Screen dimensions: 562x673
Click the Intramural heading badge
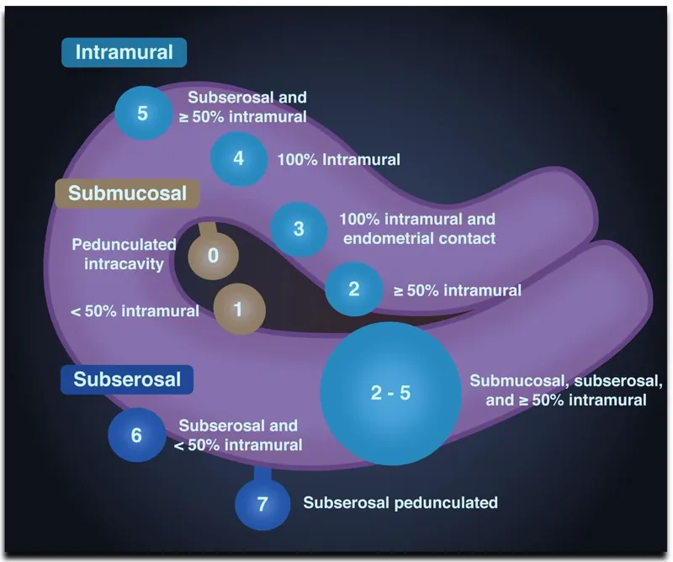[124, 52]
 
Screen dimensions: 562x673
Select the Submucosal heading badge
[127, 194]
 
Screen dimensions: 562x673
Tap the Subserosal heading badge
[127, 379]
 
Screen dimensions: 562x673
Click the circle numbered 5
[142, 113]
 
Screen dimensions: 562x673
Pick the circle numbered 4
[238, 157]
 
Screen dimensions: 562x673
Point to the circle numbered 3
[298, 228]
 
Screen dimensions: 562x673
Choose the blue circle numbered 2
[353, 289]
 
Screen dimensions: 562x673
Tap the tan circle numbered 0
[212, 256]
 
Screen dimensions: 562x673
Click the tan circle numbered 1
[238, 309]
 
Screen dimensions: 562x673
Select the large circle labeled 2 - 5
[391, 393]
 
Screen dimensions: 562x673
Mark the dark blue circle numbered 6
[136, 435]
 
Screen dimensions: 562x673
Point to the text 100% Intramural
[338, 158]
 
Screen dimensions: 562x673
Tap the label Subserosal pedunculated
[400, 503]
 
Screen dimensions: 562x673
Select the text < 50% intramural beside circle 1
[135, 311]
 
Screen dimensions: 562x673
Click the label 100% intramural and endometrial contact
[417, 228]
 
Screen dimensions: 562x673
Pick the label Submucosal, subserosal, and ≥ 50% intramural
[559, 390]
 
